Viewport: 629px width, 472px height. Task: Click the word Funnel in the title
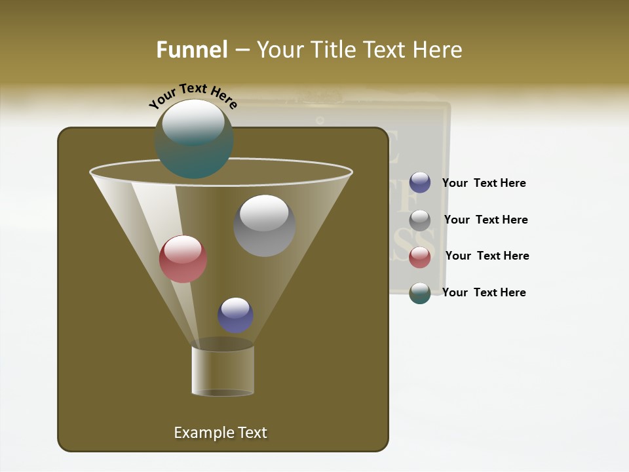click(191, 50)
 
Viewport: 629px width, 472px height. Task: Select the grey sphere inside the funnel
click(264, 226)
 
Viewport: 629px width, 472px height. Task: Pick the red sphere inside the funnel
click(183, 259)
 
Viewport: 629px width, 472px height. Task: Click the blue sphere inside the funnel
click(235, 315)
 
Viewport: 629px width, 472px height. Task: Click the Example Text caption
click(220, 433)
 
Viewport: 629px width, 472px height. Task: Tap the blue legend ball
click(420, 182)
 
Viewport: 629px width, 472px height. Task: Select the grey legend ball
click(420, 220)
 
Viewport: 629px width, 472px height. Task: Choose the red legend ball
click(420, 256)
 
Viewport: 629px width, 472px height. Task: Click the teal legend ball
click(420, 293)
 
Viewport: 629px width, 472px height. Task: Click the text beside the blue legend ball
click(484, 184)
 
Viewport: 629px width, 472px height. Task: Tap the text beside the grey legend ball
click(486, 220)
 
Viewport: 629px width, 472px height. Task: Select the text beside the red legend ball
click(487, 256)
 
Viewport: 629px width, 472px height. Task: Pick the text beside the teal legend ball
click(484, 293)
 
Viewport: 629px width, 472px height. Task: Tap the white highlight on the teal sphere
click(193, 121)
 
